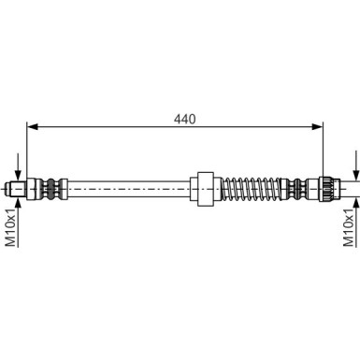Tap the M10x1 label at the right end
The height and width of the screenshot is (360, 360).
click(350, 229)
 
